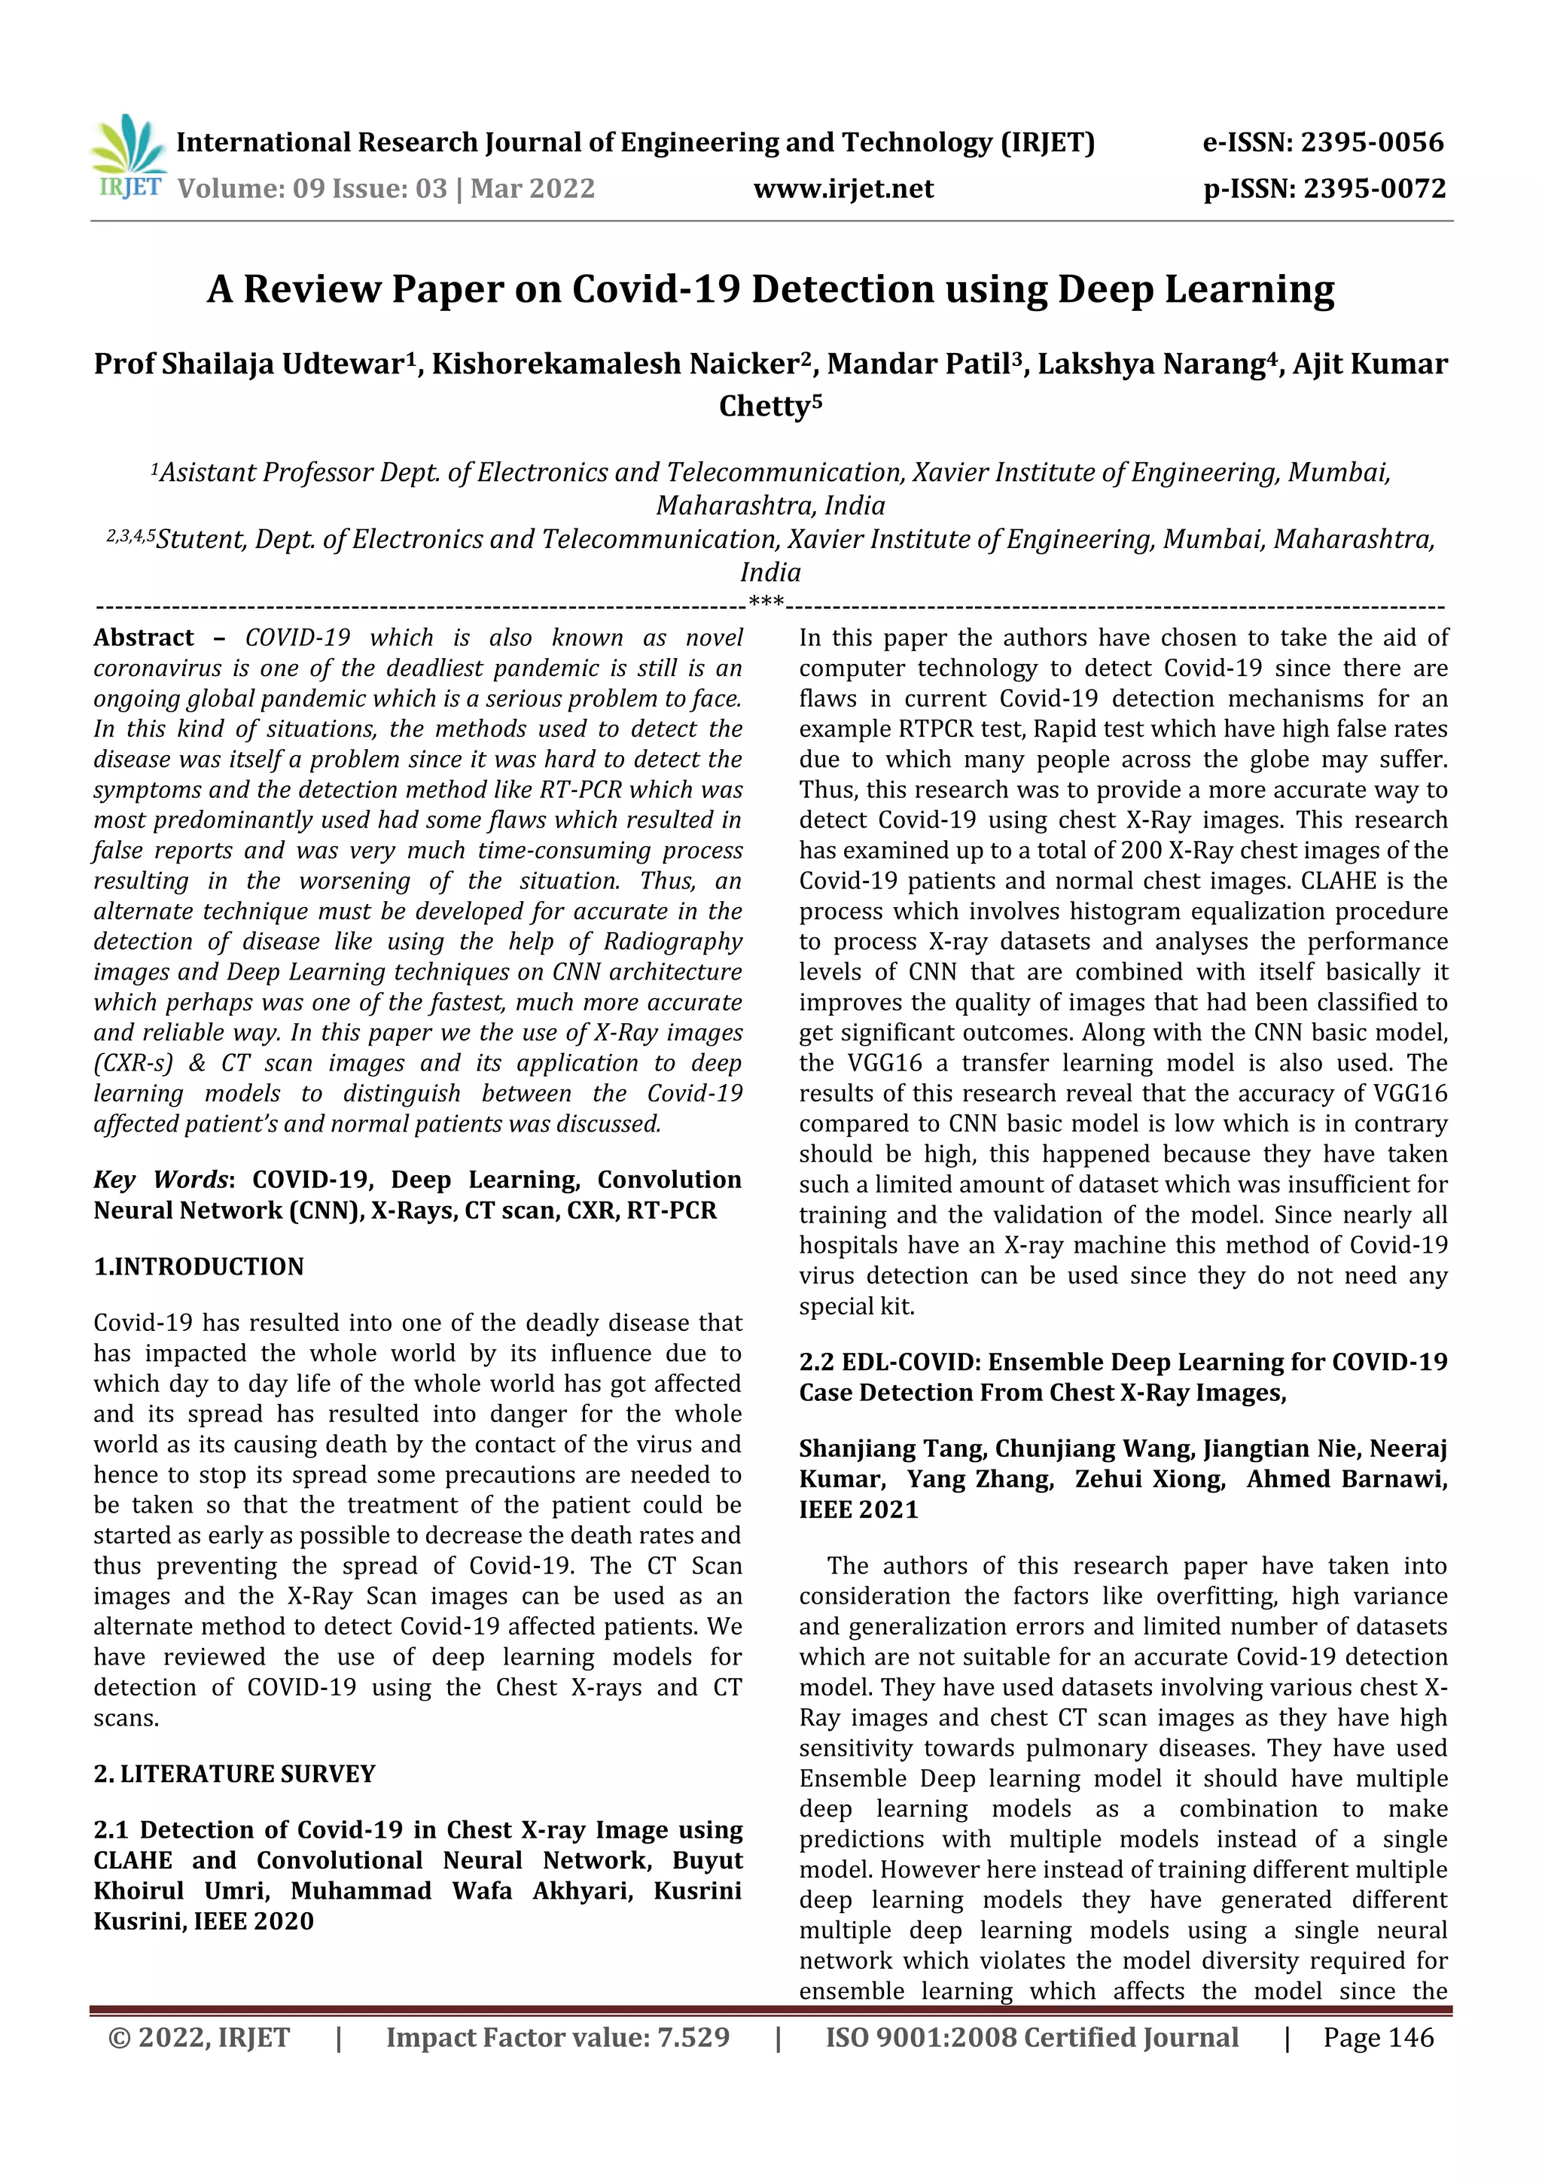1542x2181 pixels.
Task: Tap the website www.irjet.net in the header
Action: [843, 188]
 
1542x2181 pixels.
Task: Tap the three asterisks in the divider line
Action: [766, 602]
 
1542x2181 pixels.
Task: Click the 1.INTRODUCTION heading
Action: [199, 1266]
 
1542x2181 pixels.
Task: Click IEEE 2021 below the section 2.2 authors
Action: [858, 1509]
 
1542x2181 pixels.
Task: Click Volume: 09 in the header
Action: [251, 188]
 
